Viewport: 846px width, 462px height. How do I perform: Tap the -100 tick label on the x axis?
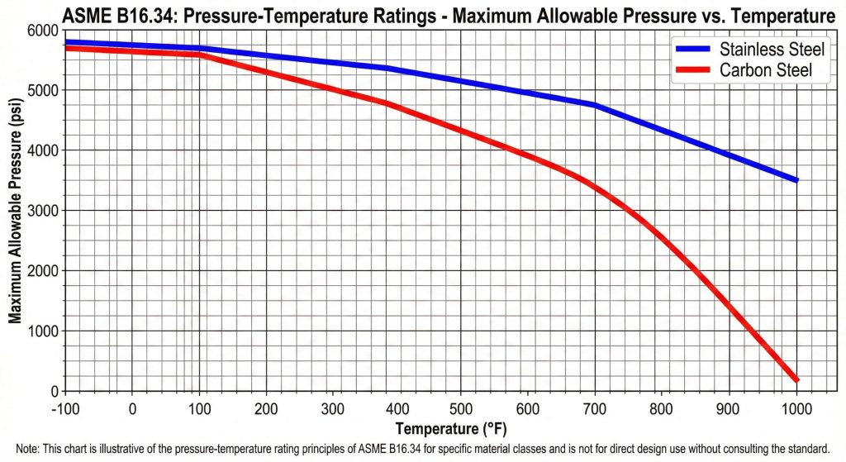coord(64,407)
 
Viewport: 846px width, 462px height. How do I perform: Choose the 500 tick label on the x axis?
coord(463,407)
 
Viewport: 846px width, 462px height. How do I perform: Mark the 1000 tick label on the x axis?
coord(796,407)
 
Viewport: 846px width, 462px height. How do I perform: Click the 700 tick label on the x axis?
coord(596,407)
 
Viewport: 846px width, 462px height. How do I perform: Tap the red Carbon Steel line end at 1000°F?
coord(796,379)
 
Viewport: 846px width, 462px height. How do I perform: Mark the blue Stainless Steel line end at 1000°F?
coord(796,180)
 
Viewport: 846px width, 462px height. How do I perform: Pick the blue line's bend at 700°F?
coord(596,105)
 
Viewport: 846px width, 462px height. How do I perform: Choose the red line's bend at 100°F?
coord(199,55)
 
